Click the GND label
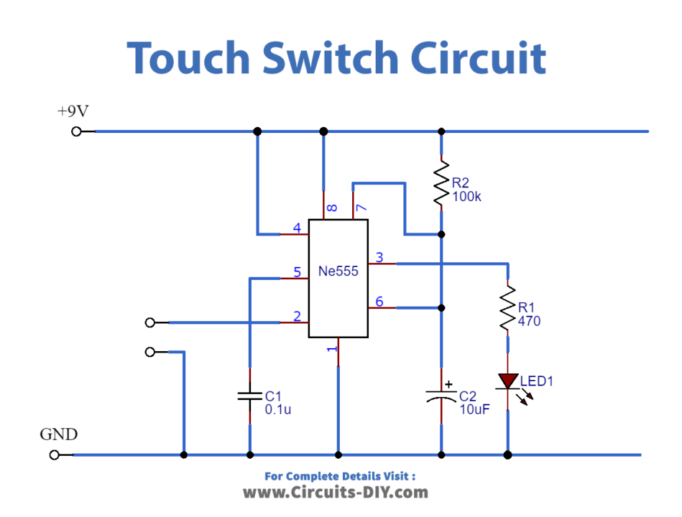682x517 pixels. (x=58, y=434)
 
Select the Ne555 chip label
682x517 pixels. (x=338, y=272)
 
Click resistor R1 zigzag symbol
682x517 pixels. (x=508, y=307)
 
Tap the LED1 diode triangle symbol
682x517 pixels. (x=508, y=381)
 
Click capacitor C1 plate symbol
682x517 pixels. (x=249, y=395)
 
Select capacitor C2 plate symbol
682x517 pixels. (x=441, y=396)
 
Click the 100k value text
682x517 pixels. (x=467, y=197)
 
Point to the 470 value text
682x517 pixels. (x=529, y=321)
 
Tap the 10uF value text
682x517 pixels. (x=475, y=409)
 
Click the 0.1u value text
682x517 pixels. (x=278, y=409)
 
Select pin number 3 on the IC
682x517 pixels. (x=379, y=258)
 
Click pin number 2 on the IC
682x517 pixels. (x=296, y=316)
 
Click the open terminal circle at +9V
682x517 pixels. (x=76, y=131)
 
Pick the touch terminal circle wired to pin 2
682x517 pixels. (x=149, y=322)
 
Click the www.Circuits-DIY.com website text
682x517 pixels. (x=335, y=493)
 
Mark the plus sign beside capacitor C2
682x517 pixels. (x=449, y=384)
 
